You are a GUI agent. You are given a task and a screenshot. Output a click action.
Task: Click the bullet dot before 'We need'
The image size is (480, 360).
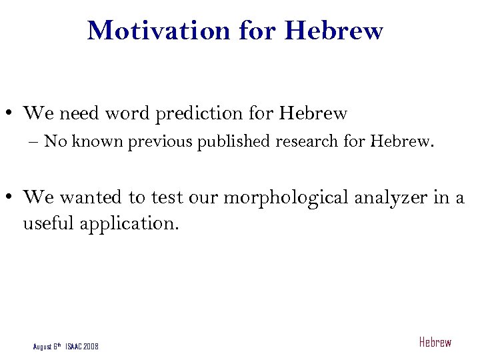point(13,114)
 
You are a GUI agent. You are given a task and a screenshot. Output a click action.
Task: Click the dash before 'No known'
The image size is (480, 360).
point(35,142)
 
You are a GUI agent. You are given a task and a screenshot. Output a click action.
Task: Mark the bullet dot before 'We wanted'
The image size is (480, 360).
point(13,198)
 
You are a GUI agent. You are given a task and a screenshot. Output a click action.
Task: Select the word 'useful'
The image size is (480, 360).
point(49,223)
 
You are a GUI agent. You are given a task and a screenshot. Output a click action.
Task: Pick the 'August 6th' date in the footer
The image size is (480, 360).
point(47,346)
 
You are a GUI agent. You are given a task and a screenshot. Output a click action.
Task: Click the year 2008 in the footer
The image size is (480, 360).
point(91,346)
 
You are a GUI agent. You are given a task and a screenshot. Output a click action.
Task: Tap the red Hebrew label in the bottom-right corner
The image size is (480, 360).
point(435,343)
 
